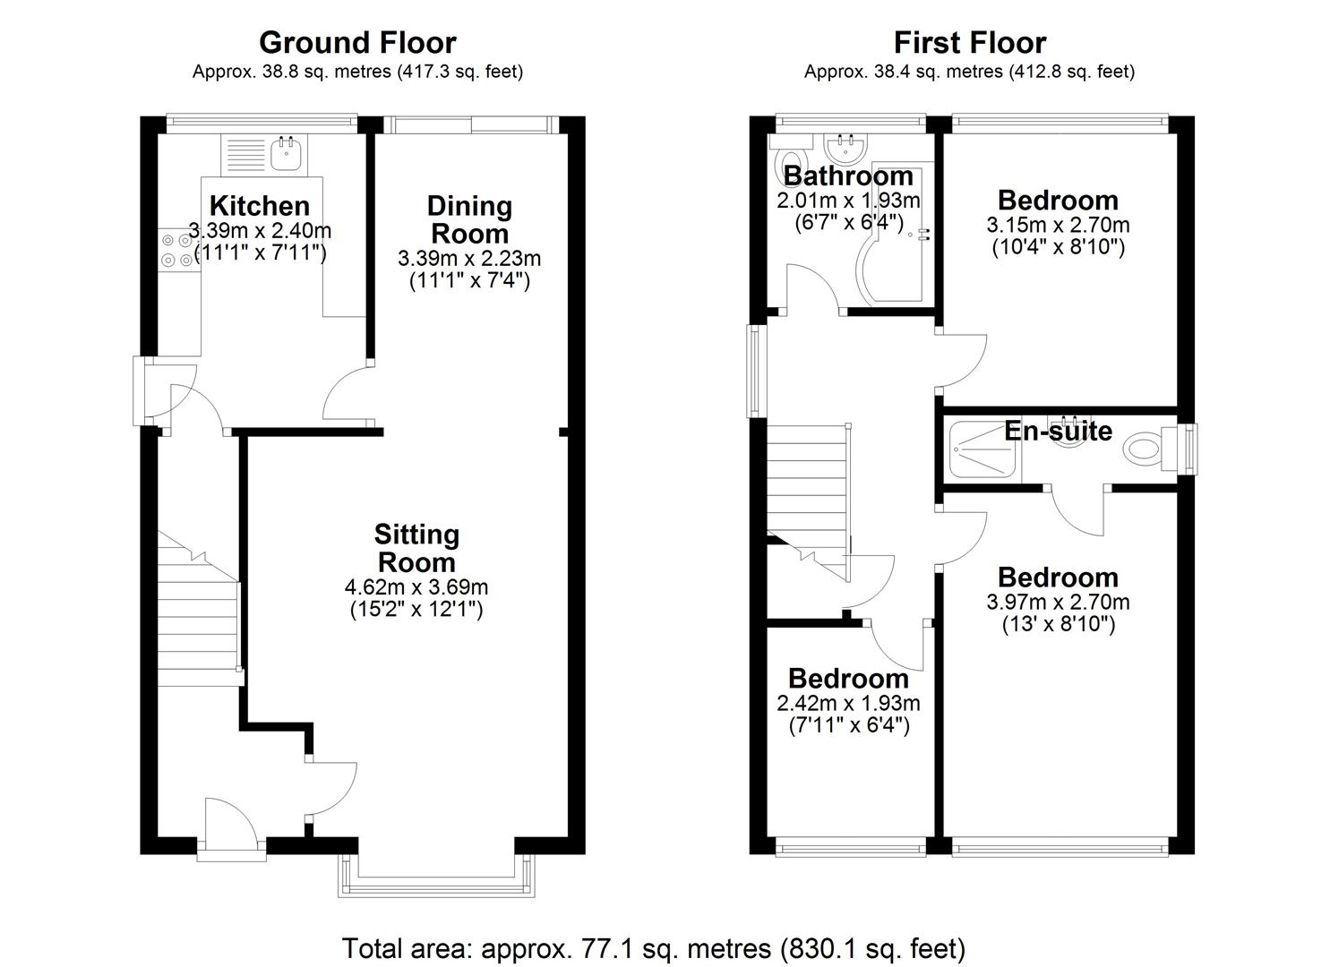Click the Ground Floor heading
tap(357, 42)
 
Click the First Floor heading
tap(969, 42)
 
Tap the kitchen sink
tap(287, 155)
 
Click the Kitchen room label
tap(259, 205)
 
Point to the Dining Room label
tap(469, 219)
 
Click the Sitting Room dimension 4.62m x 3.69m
tap(416, 587)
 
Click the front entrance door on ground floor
tap(230, 824)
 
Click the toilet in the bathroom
tap(777, 166)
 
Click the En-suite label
tap(1058, 431)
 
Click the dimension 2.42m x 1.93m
tap(848, 704)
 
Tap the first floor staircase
tap(806, 483)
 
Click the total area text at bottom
tap(654, 948)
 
